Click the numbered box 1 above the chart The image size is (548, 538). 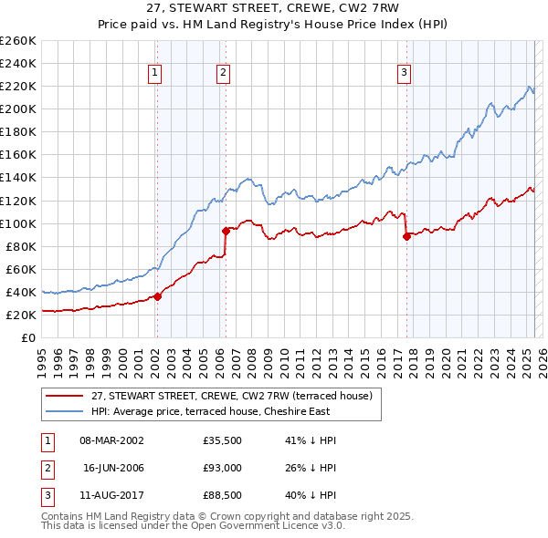(155, 75)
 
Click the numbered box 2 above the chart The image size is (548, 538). (224, 75)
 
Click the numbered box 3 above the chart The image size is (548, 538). (404, 75)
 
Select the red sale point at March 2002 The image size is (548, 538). (157, 295)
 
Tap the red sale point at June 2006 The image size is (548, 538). (226, 231)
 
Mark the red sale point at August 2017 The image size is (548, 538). (406, 236)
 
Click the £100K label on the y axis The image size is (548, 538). (17, 223)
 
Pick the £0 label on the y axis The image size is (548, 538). (27, 337)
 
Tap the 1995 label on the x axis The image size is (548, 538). (41, 357)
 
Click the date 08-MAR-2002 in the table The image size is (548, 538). (112, 440)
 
